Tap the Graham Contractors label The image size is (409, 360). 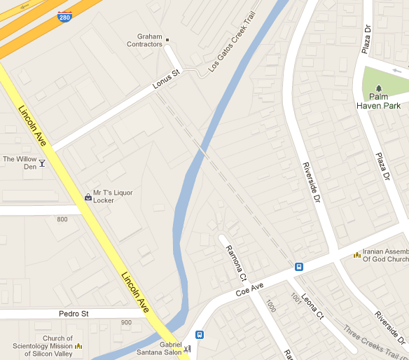tap(144, 41)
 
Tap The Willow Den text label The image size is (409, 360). tap(20, 162)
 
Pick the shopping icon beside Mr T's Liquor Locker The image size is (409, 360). tap(88, 197)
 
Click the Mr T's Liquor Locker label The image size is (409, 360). tap(113, 196)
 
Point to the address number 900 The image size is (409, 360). tap(126, 322)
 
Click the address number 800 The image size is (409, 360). tap(62, 220)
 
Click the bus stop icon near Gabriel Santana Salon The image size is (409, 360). tap(200, 335)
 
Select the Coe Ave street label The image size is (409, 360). tap(249, 289)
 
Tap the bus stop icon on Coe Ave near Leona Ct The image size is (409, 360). tap(299, 266)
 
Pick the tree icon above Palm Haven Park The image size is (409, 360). tap(379, 87)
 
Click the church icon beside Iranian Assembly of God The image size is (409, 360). tap(356, 254)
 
